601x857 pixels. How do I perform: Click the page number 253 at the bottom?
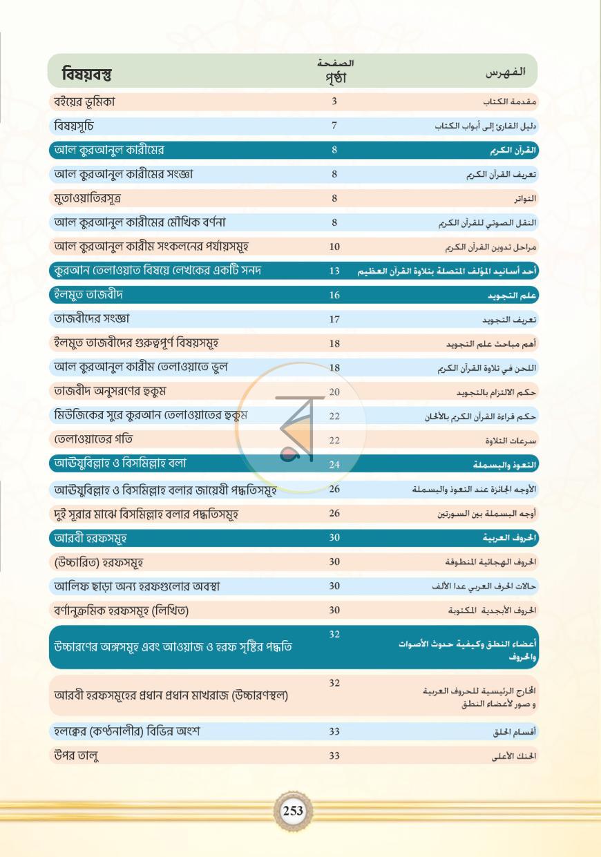[x=293, y=810]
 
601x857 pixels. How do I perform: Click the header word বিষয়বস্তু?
[x=86, y=73]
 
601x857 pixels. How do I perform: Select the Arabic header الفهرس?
[x=505, y=73]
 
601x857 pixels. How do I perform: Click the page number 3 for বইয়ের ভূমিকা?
[x=334, y=102]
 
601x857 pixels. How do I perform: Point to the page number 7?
[x=334, y=126]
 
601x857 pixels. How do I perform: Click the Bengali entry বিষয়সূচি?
[x=73, y=126]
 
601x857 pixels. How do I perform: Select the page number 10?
[x=334, y=247]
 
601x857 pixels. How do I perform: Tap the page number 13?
[x=334, y=271]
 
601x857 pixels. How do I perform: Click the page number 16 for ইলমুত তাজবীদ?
[x=334, y=295]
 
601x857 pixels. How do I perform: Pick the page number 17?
[x=334, y=319]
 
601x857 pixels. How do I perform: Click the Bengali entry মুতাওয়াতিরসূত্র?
[x=87, y=198]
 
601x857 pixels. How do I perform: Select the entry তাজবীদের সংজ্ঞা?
[x=91, y=318]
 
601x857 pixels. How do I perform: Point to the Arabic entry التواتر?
[x=525, y=199]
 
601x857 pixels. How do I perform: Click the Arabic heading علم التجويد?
[x=512, y=296]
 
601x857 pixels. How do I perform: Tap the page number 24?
[x=334, y=465]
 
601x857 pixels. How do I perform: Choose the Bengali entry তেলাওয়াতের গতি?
[x=93, y=439]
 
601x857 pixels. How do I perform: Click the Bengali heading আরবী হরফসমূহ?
[x=90, y=538]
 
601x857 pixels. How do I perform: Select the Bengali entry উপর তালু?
[x=76, y=755]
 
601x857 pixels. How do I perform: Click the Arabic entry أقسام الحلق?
[x=514, y=732]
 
